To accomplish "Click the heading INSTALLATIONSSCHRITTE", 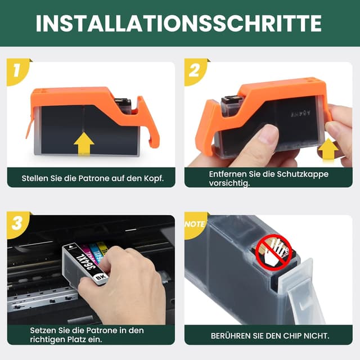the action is pos(179,23).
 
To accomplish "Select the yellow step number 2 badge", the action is pos(195,71).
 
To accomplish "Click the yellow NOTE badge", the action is pos(195,224).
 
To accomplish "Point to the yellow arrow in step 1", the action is pos(84,144).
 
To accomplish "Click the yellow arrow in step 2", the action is pos(328,150).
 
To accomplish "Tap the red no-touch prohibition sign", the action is pos(273,250).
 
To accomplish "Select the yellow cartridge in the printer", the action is pos(102,249).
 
